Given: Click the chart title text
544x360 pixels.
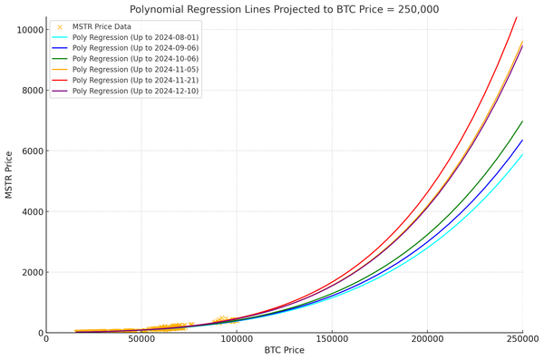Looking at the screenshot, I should point(284,8).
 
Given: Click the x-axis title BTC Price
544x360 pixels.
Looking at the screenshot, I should point(284,350).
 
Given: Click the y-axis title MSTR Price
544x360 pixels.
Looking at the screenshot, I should point(8,174).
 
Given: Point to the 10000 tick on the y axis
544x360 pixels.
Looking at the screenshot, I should point(28,30).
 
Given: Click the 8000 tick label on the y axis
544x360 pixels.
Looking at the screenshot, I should point(31,91).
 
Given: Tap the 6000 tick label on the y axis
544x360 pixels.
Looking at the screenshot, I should point(31,151).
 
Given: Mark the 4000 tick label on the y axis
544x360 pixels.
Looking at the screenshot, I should point(31,212).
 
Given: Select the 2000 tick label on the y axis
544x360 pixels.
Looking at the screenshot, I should point(31,273).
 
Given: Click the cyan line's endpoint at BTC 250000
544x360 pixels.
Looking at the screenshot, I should point(522,154).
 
